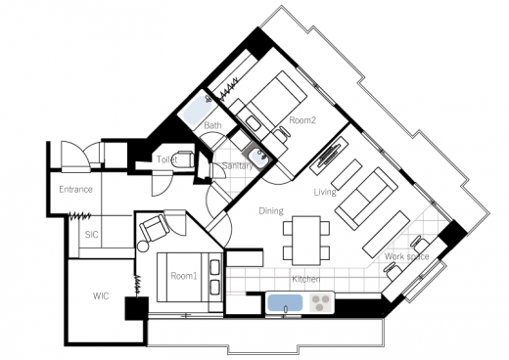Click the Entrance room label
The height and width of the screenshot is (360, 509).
coord(75,189)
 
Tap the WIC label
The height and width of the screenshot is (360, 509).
coord(101,296)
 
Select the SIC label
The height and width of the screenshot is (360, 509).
coord(91,235)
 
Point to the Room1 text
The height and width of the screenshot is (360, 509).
coord(184,276)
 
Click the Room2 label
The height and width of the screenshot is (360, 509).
coord(302,120)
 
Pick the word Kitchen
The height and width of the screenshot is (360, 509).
coord(305,279)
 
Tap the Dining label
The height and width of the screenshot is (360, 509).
coord(271,210)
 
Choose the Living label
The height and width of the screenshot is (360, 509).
coord(325,192)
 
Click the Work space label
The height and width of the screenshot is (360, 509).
coord(406,256)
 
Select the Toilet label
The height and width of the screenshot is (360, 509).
coord(166,159)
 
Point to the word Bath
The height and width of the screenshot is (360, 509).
coord(212,125)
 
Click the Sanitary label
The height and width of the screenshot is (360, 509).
coord(237,165)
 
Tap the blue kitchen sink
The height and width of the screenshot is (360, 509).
coord(285,303)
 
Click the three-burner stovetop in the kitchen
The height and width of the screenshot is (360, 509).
coord(320,303)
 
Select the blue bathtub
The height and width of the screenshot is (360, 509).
coord(197,111)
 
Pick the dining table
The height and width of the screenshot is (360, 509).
coord(306,241)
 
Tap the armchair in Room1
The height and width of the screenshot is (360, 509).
coord(155,226)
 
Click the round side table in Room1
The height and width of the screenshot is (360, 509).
coord(143,246)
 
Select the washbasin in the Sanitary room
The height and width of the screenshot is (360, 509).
coord(259,157)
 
